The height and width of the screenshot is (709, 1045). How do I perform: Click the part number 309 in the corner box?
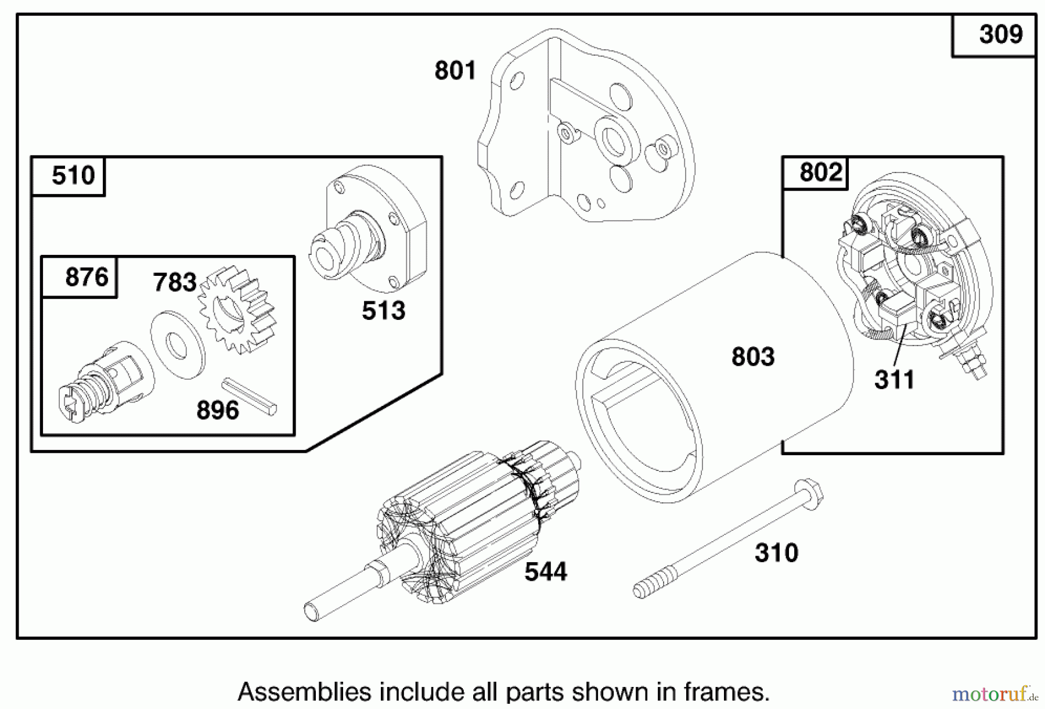pos(1000,35)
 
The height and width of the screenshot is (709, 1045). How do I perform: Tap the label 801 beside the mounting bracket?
pos(455,71)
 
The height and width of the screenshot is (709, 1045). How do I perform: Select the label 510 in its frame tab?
pos(73,175)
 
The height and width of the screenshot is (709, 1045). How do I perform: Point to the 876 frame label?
pos(87,278)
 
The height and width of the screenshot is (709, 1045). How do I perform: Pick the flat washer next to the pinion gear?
pos(177,345)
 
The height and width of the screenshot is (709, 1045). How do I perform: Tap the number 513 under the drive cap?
pos(383,311)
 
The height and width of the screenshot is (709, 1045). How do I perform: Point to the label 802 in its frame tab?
pos(820,172)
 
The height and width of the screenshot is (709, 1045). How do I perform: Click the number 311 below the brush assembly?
pos(894,380)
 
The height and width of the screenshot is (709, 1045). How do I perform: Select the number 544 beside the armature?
pos(545,573)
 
